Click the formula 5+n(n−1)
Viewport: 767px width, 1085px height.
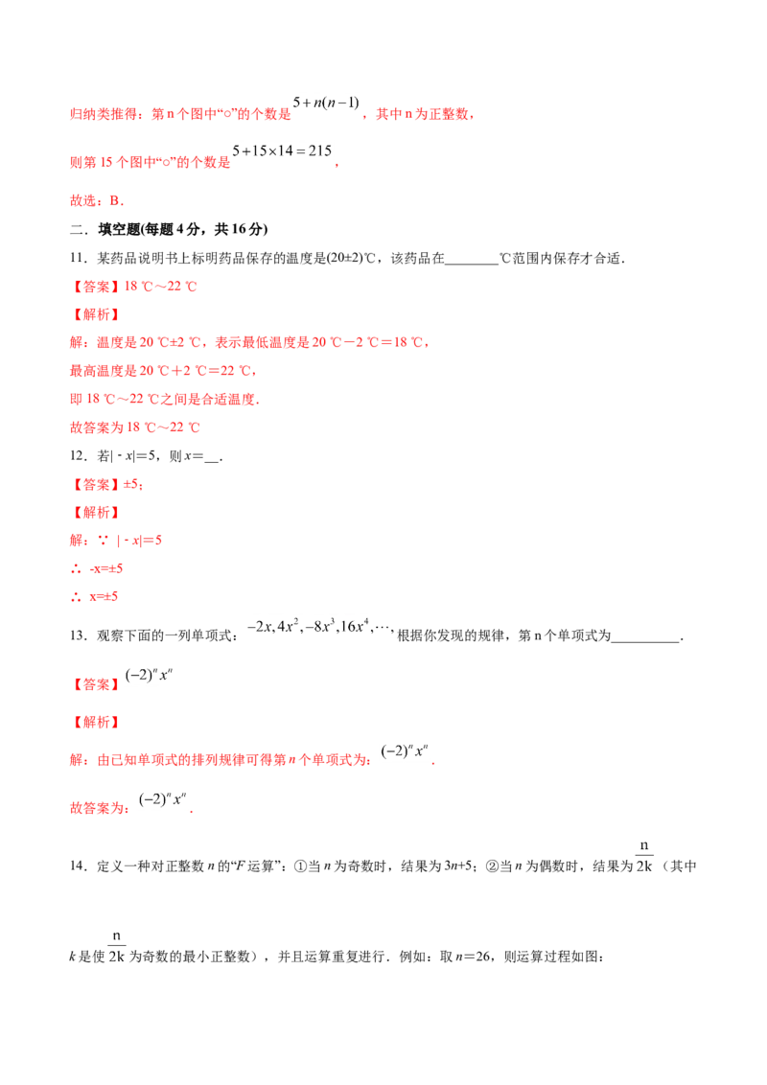(326, 104)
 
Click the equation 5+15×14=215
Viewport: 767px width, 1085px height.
(283, 150)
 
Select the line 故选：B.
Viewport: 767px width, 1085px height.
(97, 200)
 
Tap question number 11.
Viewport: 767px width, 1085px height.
(79, 258)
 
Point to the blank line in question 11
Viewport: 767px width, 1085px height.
(472, 264)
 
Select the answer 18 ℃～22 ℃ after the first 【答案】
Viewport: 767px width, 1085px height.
(161, 287)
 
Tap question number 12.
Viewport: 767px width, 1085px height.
(79, 456)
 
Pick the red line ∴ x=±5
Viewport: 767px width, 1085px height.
(94, 596)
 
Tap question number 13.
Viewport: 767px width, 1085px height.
(79, 635)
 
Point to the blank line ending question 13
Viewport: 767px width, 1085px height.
(645, 641)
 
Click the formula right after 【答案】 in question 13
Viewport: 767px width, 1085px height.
(149, 676)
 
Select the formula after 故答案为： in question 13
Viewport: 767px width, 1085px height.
(163, 799)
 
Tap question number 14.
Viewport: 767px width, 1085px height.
(79, 866)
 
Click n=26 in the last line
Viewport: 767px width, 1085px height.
(473, 957)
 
